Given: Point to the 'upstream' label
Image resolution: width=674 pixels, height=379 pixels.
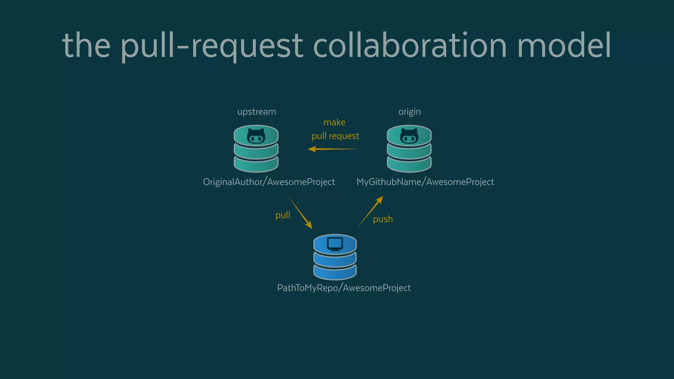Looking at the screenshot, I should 256,112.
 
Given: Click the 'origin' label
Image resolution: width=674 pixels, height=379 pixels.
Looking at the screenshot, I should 409,112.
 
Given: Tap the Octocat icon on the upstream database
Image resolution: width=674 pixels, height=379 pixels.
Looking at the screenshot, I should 256,136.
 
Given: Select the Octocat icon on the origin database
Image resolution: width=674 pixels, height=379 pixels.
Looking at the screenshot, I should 409,136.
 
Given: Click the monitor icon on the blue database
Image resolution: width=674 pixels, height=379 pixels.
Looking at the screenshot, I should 335,244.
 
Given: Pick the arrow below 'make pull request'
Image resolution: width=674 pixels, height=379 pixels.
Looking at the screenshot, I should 334,149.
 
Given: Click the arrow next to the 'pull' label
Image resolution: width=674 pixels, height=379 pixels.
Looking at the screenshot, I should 300,213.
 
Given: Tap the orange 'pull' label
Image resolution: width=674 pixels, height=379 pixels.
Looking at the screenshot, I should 283,215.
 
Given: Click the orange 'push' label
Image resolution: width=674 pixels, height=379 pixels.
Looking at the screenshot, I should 383,219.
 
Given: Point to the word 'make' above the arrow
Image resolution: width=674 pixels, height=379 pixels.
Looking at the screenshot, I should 334,122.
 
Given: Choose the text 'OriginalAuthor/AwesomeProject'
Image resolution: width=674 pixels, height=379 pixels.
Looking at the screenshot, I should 269,182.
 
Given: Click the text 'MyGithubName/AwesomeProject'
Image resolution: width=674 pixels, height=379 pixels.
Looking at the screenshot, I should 425,182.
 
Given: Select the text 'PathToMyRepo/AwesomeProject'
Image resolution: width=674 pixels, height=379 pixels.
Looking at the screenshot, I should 344,288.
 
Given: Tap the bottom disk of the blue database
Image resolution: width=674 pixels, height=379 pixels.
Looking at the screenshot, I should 335,273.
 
